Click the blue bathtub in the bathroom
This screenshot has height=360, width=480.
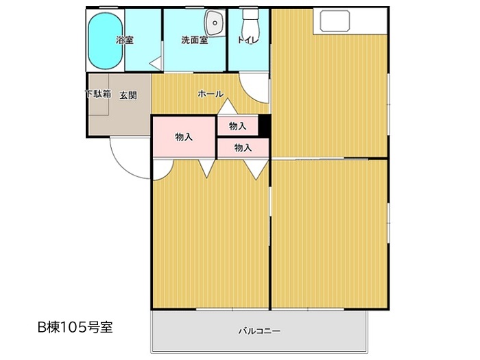[x=106, y=41]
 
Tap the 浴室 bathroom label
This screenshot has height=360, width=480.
[x=125, y=40]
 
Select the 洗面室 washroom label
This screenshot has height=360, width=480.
[x=194, y=40]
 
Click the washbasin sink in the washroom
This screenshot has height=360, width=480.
[x=215, y=23]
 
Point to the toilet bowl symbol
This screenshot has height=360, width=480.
[x=251, y=26]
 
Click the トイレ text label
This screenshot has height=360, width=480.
[x=248, y=40]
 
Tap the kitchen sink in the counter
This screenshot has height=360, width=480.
[x=335, y=21]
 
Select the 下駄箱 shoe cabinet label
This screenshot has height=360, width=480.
[x=98, y=94]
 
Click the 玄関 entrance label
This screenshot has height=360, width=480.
[x=128, y=95]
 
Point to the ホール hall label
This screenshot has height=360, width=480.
[x=211, y=94]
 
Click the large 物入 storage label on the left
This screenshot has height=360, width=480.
[x=184, y=137]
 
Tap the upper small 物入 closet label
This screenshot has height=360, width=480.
[x=238, y=125]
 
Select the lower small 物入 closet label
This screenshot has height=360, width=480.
[x=243, y=148]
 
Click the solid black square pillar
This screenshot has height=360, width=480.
[x=264, y=125]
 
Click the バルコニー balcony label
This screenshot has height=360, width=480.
[x=259, y=331]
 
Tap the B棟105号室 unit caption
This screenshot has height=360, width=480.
[x=75, y=327]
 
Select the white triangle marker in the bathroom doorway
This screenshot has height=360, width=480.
[x=155, y=63]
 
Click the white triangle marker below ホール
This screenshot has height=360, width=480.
[x=228, y=107]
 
